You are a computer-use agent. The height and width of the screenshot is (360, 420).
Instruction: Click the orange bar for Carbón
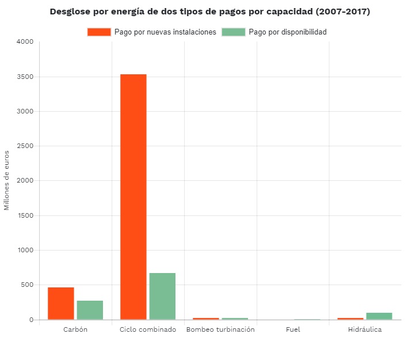click(x=61, y=303)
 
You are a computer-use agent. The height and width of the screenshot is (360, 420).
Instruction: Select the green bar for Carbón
click(x=90, y=310)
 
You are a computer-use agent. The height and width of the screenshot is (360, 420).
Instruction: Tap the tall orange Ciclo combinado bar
click(x=133, y=196)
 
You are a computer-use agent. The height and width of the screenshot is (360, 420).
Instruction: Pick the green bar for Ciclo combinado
click(x=162, y=296)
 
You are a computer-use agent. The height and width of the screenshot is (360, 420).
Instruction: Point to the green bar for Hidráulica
click(x=379, y=316)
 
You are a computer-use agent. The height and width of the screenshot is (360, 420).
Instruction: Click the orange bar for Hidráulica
click(x=350, y=319)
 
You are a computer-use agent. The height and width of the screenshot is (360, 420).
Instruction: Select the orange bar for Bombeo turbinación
click(x=205, y=319)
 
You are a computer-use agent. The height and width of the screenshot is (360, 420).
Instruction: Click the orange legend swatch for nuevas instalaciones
click(x=99, y=32)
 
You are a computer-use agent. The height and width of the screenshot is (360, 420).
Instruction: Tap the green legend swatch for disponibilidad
click(x=233, y=32)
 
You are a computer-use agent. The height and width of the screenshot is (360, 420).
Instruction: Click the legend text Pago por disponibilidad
click(x=288, y=32)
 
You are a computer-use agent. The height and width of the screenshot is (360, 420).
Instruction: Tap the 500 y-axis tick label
click(x=28, y=285)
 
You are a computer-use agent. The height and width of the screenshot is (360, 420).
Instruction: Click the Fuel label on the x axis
click(x=293, y=329)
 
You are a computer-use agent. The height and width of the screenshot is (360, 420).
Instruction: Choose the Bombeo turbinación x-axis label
click(x=220, y=329)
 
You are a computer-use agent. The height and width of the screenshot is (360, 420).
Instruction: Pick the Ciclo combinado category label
click(x=148, y=329)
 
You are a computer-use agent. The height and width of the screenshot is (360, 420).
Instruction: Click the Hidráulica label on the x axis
click(x=365, y=329)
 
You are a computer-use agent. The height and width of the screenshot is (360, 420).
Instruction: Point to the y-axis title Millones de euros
click(x=7, y=180)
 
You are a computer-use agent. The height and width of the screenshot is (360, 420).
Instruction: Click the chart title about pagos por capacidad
click(x=210, y=12)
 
